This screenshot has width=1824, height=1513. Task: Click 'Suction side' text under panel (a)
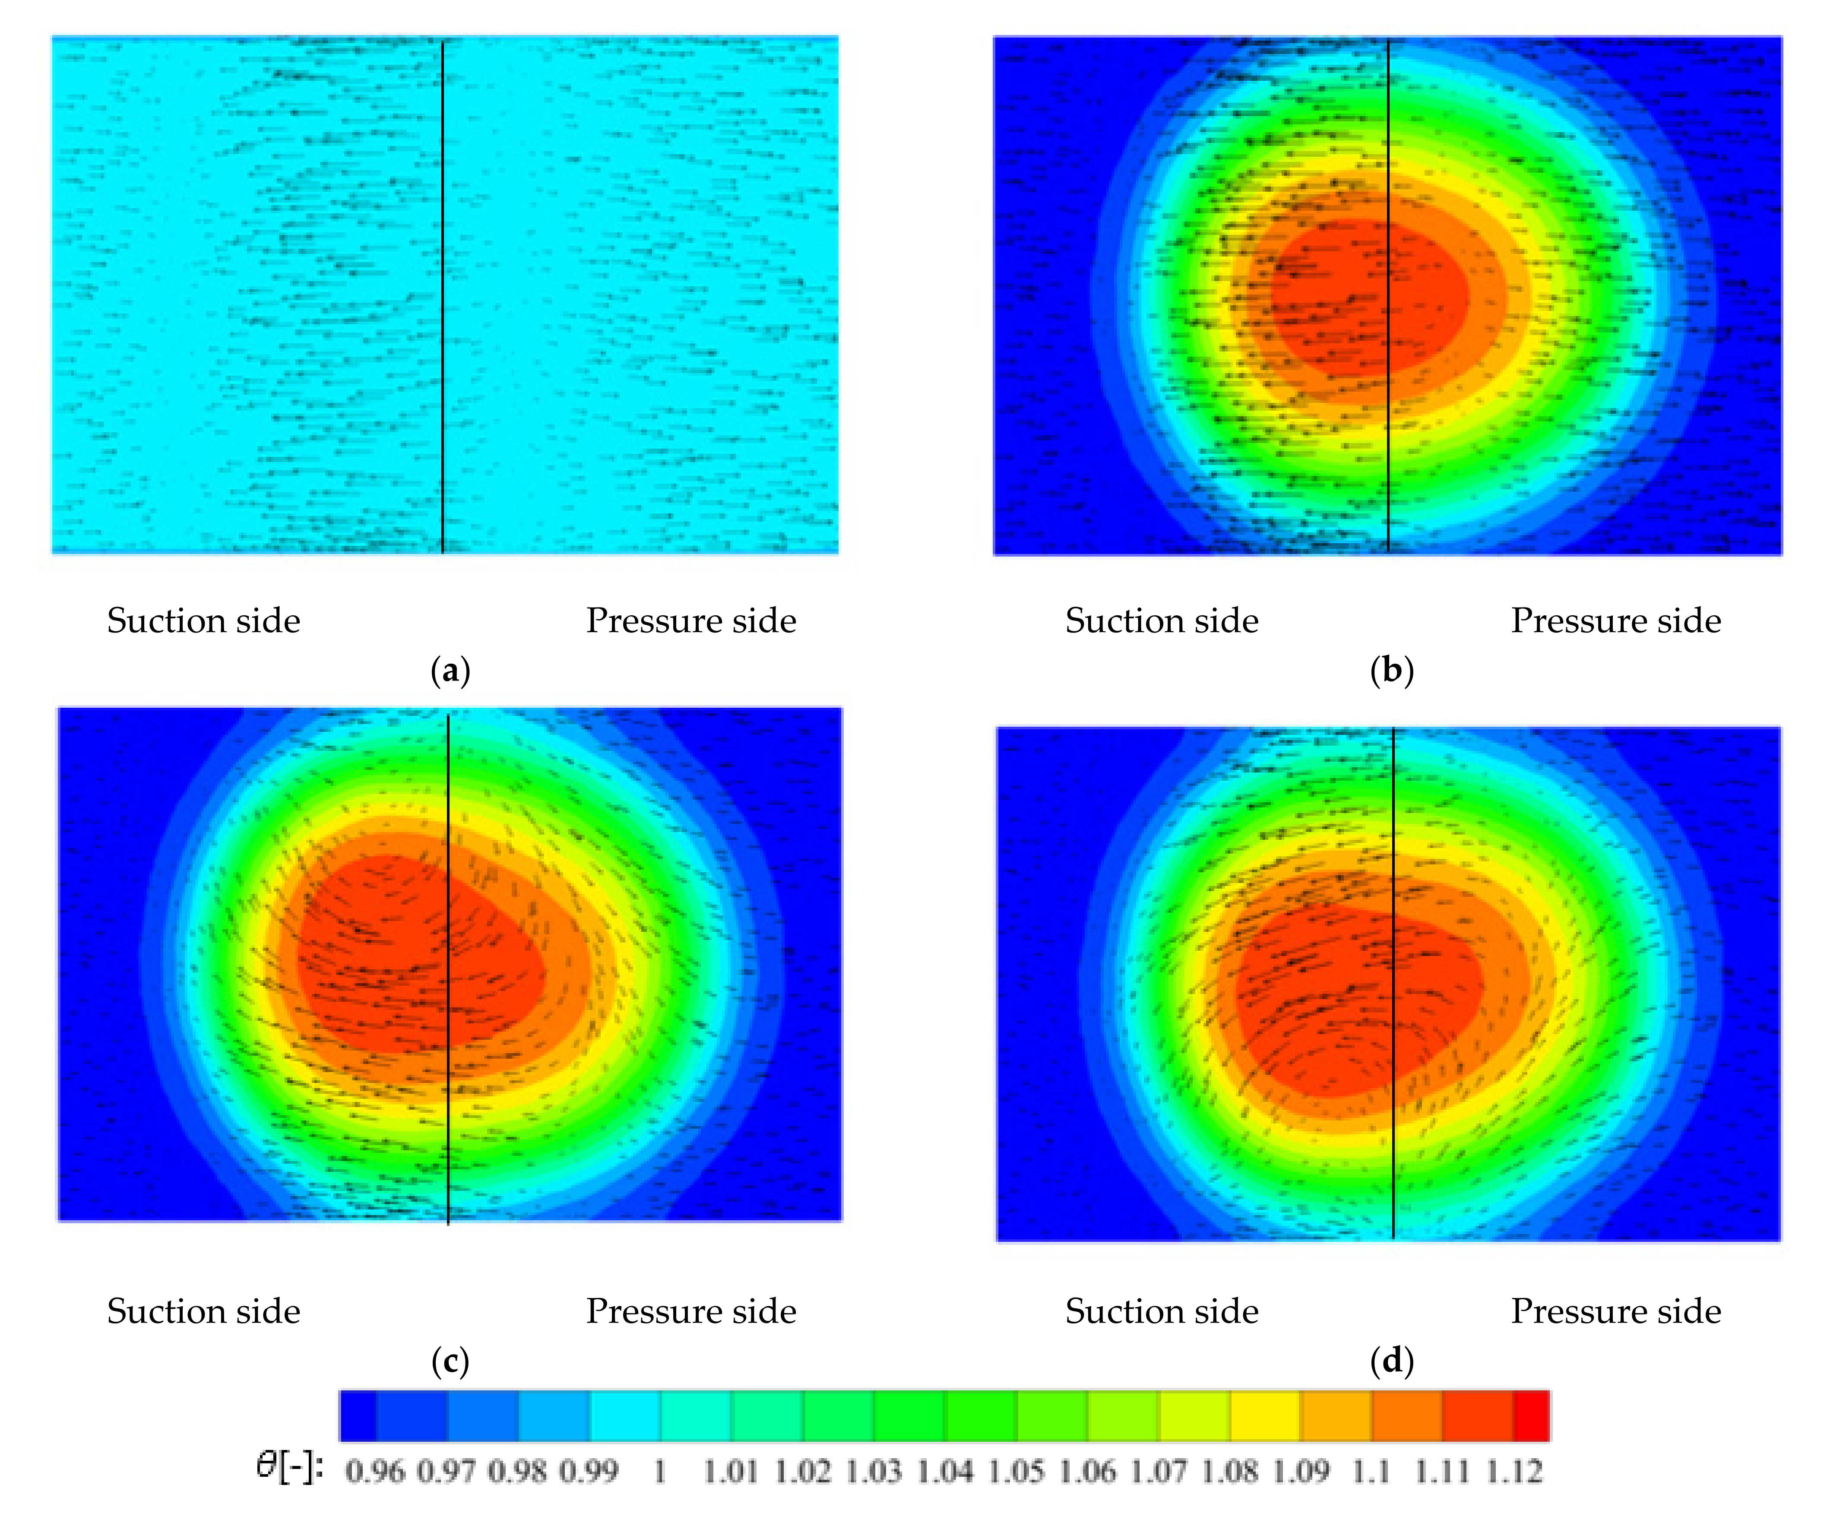[x=203, y=621]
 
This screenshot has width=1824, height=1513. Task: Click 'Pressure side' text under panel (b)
[x=1615, y=621]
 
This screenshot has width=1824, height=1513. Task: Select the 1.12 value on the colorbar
[x=1514, y=1471]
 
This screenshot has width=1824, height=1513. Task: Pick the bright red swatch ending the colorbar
[x=1531, y=1416]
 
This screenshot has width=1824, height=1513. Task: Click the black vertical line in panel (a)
[x=443, y=295]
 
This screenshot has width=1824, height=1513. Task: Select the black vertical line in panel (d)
[x=1393, y=981]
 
